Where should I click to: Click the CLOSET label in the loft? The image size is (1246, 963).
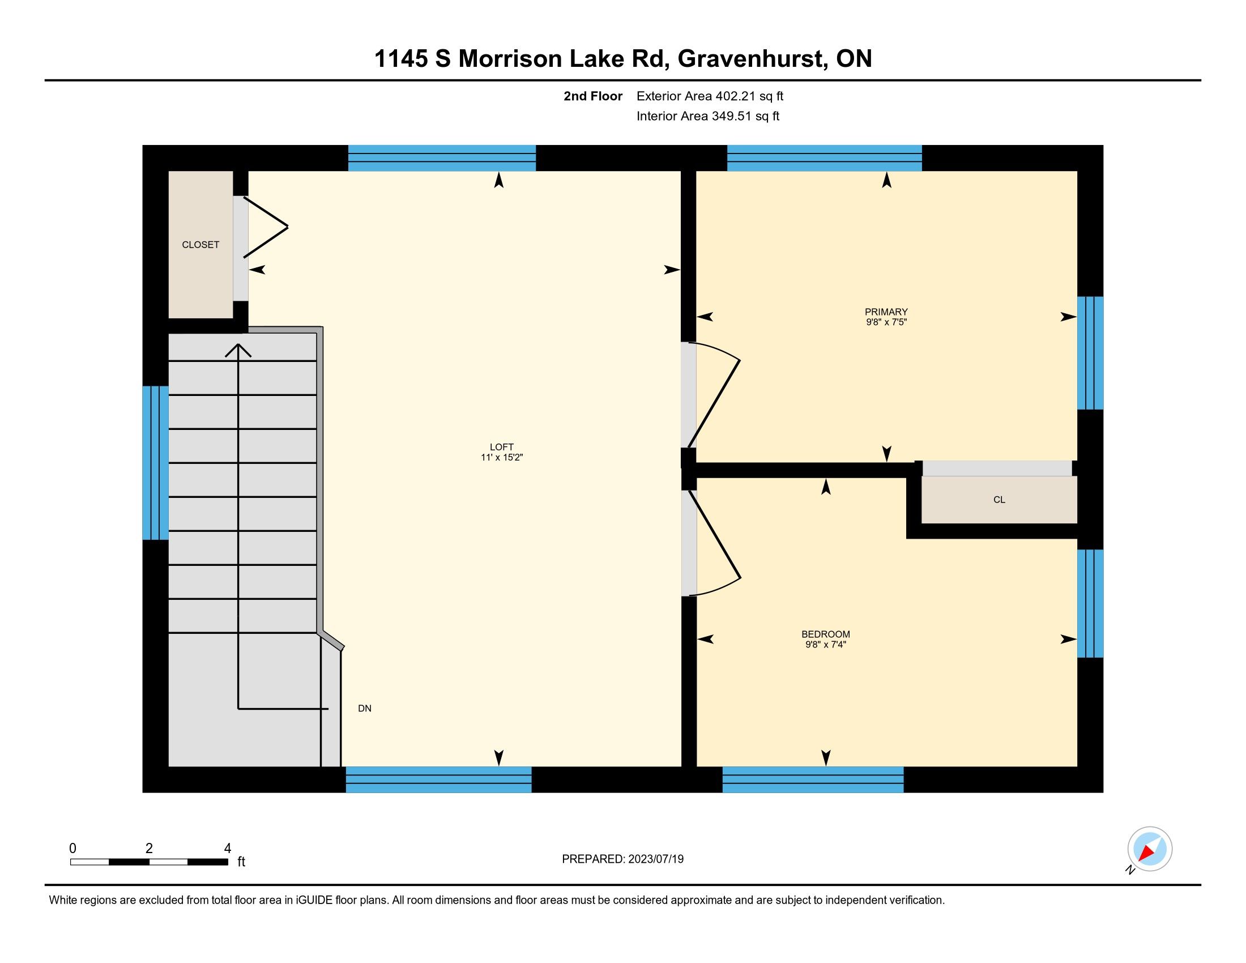pos(200,245)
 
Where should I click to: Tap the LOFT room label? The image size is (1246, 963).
pos(501,448)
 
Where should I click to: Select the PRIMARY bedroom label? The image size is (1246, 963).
pos(886,312)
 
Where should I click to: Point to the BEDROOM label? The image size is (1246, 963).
pos(826,634)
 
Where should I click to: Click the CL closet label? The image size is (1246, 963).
pos(999,500)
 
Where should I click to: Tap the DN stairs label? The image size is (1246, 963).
pos(365,709)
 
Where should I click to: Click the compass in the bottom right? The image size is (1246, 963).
pos(1149,849)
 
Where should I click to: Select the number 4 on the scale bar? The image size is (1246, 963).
pos(228,848)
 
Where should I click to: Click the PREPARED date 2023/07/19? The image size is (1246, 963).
pos(655,859)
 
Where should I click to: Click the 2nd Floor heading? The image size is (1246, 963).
pos(593,96)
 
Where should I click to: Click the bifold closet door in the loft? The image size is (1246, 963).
pos(265,227)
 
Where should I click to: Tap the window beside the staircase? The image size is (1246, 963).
pos(155,463)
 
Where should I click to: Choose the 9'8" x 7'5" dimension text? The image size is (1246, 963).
pos(886,322)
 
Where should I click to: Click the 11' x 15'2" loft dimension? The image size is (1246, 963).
pos(501,458)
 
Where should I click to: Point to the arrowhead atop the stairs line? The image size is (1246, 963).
pos(238,350)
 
